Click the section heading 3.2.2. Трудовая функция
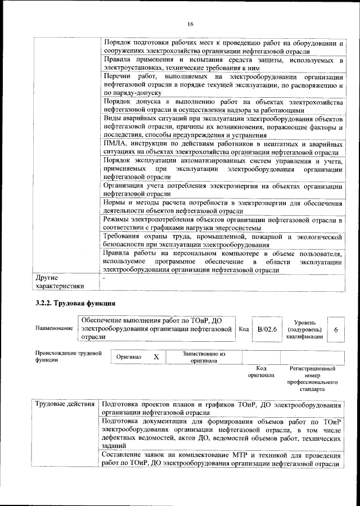pyautogui.click(x=72, y=304)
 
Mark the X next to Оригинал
pyautogui.click(x=156, y=357)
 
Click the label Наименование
pyautogui.click(x=54, y=328)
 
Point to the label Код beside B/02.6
pyautogui.click(x=244, y=329)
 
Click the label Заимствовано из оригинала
pyautogui.click(x=204, y=358)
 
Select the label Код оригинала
pyautogui.click(x=261, y=372)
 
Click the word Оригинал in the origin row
pyautogui.click(x=129, y=357)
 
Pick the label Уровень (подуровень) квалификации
pyautogui.click(x=304, y=328)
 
